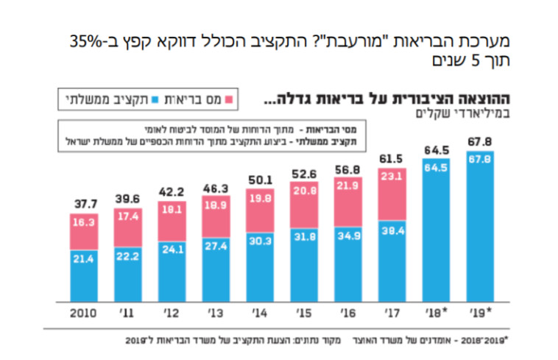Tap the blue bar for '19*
(479, 228)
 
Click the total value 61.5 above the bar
(392, 160)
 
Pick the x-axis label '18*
(436, 312)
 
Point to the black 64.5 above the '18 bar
(436, 150)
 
